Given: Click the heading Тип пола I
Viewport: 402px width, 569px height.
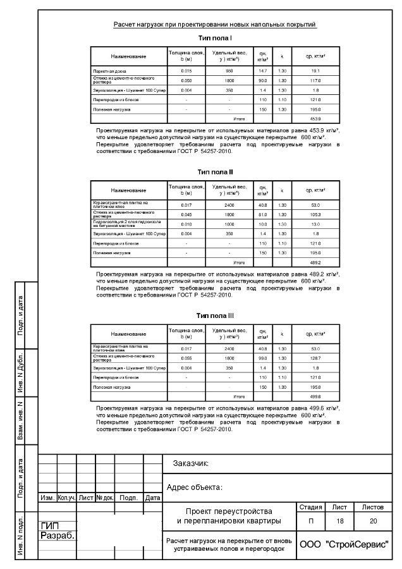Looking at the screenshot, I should (215, 39).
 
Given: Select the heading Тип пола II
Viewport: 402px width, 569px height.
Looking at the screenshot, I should (215, 171).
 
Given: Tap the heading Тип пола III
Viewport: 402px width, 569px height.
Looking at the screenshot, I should (215, 315).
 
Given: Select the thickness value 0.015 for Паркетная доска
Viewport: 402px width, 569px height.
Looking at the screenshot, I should (186, 70).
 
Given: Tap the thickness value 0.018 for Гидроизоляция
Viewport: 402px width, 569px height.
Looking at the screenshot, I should (186, 224).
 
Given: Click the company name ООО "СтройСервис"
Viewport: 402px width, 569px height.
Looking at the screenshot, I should (344, 544).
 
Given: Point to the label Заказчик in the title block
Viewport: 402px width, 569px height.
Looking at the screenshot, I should (191, 464).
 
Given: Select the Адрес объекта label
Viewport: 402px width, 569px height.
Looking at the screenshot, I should (195, 487).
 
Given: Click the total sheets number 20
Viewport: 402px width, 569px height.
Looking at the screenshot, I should (373, 521).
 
